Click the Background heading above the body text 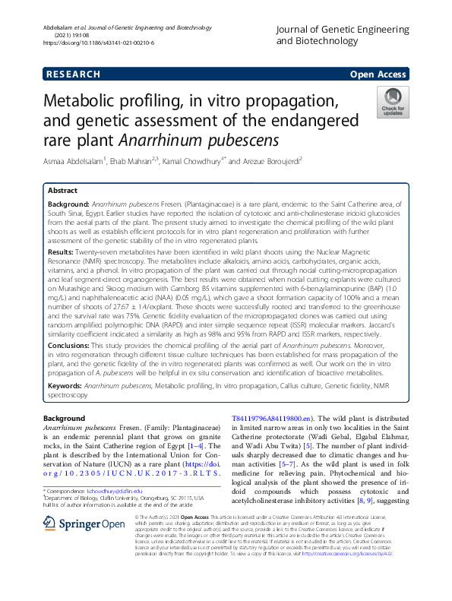click(x=65, y=419)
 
